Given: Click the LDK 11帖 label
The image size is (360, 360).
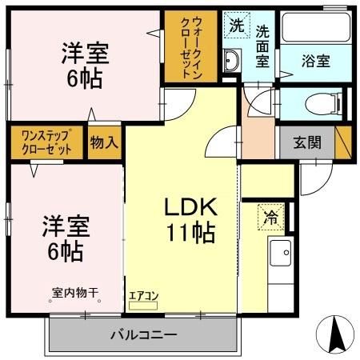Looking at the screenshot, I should point(190,220).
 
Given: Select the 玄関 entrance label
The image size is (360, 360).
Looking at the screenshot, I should point(306,143).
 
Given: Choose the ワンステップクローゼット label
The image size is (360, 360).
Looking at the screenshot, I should point(46,142).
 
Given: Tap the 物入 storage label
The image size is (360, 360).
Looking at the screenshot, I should point(104,142).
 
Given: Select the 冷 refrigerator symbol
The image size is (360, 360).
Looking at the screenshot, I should point(270,215).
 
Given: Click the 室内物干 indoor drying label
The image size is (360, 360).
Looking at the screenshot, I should point(75,293).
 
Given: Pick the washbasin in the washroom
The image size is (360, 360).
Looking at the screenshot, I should point(233,59).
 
